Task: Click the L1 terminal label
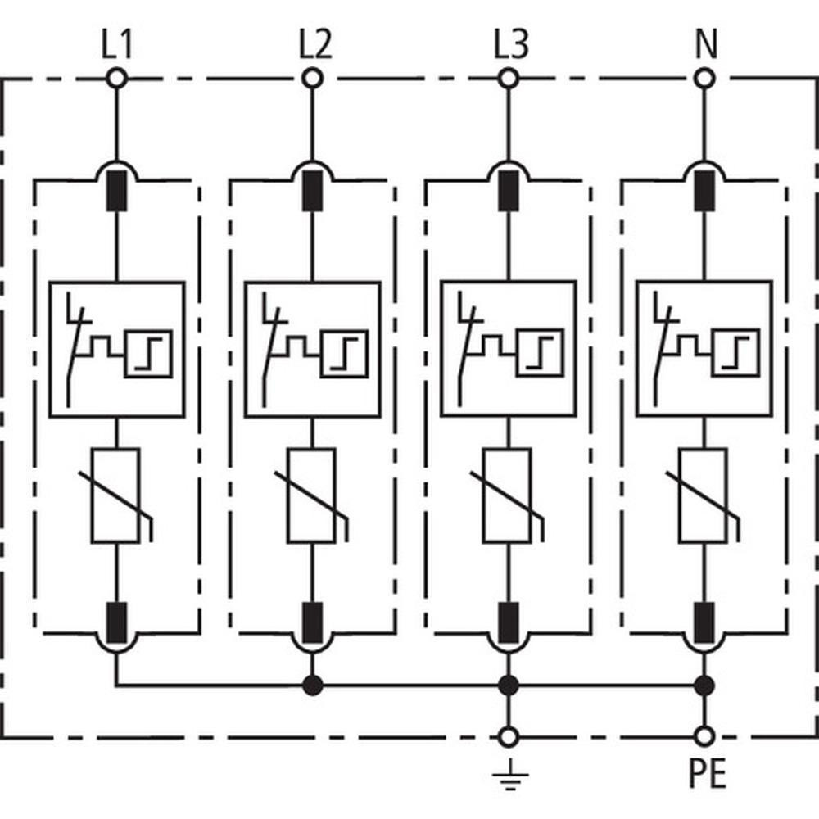click(x=116, y=46)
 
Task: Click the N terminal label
click(x=704, y=46)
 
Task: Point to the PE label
click(x=705, y=774)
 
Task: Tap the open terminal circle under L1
click(x=116, y=79)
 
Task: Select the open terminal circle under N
click(x=704, y=79)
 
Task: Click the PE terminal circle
click(x=704, y=735)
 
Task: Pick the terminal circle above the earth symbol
click(x=509, y=735)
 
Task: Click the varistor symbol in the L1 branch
click(x=116, y=496)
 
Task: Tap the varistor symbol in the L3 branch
click(x=508, y=496)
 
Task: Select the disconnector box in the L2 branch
click(x=312, y=350)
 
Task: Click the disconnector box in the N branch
click(x=704, y=350)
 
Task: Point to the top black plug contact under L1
click(x=116, y=190)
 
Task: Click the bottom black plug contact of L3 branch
click(x=508, y=622)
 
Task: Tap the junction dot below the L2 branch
click(x=312, y=684)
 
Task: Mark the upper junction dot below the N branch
click(x=704, y=684)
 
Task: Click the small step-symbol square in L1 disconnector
click(x=149, y=354)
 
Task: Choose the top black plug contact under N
click(x=704, y=190)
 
